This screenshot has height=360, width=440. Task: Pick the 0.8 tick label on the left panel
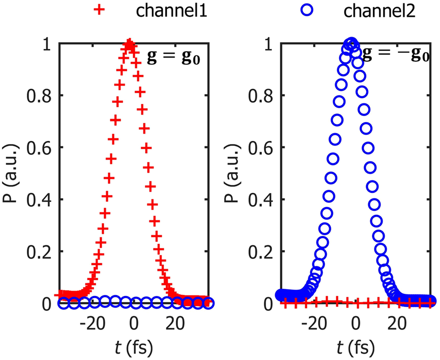(x=39, y=96)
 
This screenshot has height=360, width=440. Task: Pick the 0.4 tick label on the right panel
(x=260, y=200)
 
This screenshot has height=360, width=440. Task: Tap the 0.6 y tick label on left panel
(x=39, y=148)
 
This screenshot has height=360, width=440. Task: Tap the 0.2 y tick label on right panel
(x=260, y=252)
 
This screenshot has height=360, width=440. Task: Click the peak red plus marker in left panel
(x=129, y=44)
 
